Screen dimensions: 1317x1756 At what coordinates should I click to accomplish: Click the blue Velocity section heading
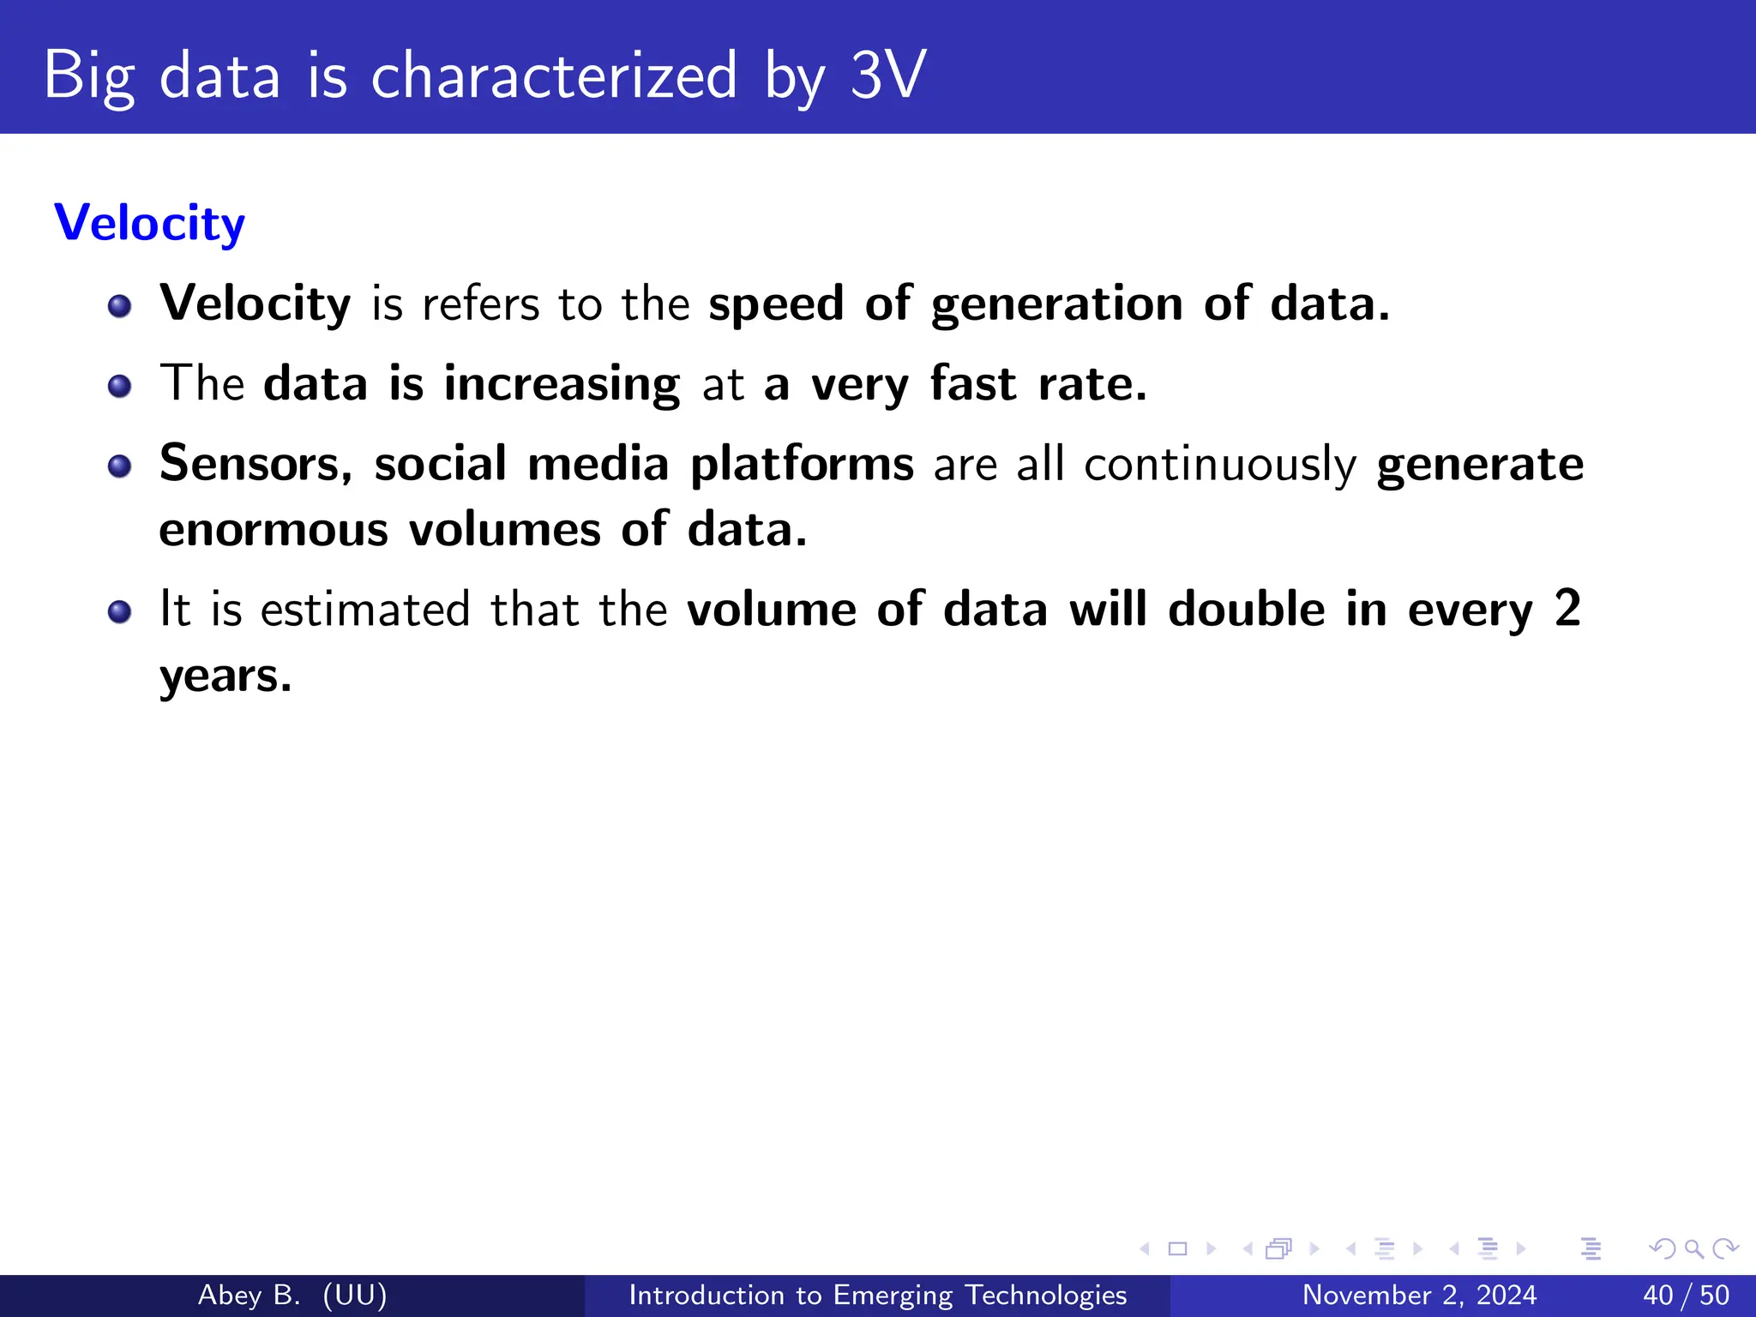(x=149, y=223)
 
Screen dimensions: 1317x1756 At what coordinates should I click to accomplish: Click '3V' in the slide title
(x=887, y=75)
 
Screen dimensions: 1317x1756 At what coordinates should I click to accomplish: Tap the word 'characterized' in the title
(x=554, y=75)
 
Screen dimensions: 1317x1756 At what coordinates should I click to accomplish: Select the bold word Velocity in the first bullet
(x=256, y=304)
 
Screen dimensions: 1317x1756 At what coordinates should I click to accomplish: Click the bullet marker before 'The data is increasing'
(x=119, y=386)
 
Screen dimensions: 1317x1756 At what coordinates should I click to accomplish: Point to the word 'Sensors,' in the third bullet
(x=256, y=463)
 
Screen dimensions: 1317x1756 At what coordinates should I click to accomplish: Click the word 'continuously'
(x=1220, y=465)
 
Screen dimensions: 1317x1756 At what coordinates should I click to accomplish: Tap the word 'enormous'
(x=274, y=529)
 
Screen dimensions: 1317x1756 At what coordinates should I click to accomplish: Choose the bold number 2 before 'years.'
(x=1567, y=609)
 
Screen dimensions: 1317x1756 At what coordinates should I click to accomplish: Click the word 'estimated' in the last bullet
(x=365, y=610)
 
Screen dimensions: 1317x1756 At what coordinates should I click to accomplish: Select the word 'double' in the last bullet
(x=1247, y=610)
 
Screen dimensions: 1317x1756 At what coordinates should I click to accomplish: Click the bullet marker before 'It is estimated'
(x=119, y=612)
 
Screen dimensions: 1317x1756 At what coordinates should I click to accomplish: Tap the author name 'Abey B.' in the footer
(x=249, y=1295)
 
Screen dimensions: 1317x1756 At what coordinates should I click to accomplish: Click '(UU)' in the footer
(x=355, y=1295)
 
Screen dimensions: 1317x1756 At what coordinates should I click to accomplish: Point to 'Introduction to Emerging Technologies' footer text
(x=877, y=1295)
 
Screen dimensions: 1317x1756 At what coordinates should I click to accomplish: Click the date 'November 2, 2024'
(x=1419, y=1295)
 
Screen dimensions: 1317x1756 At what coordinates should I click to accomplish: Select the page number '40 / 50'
(x=1686, y=1295)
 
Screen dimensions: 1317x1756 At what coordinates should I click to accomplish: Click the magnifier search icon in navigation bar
(x=1693, y=1248)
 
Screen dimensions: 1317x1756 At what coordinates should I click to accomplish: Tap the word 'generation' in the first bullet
(x=1056, y=304)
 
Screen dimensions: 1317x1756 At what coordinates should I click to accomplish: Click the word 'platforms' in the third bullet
(x=802, y=465)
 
